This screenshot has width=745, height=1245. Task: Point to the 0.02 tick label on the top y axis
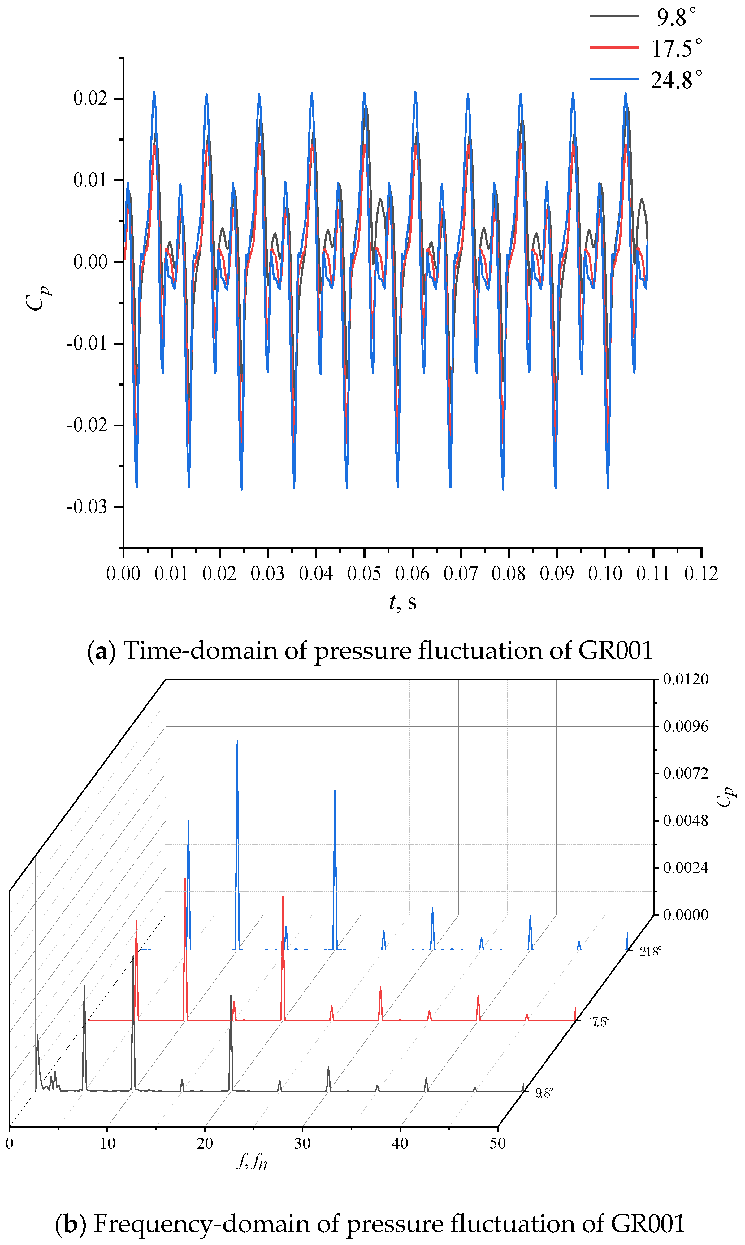(90, 98)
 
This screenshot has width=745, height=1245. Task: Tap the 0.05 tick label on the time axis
(364, 574)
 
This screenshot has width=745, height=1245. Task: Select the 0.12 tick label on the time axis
(701, 574)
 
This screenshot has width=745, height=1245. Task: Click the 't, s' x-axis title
(403, 602)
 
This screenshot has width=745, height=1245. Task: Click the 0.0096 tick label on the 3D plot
(685, 726)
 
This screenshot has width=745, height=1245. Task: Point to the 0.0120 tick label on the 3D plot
(685, 679)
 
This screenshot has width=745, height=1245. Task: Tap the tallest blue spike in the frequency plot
(237, 743)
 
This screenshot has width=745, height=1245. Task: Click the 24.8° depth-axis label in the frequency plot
(650, 952)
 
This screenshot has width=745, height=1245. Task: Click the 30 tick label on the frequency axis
(302, 1143)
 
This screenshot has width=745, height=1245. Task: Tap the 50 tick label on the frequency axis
(497, 1143)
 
